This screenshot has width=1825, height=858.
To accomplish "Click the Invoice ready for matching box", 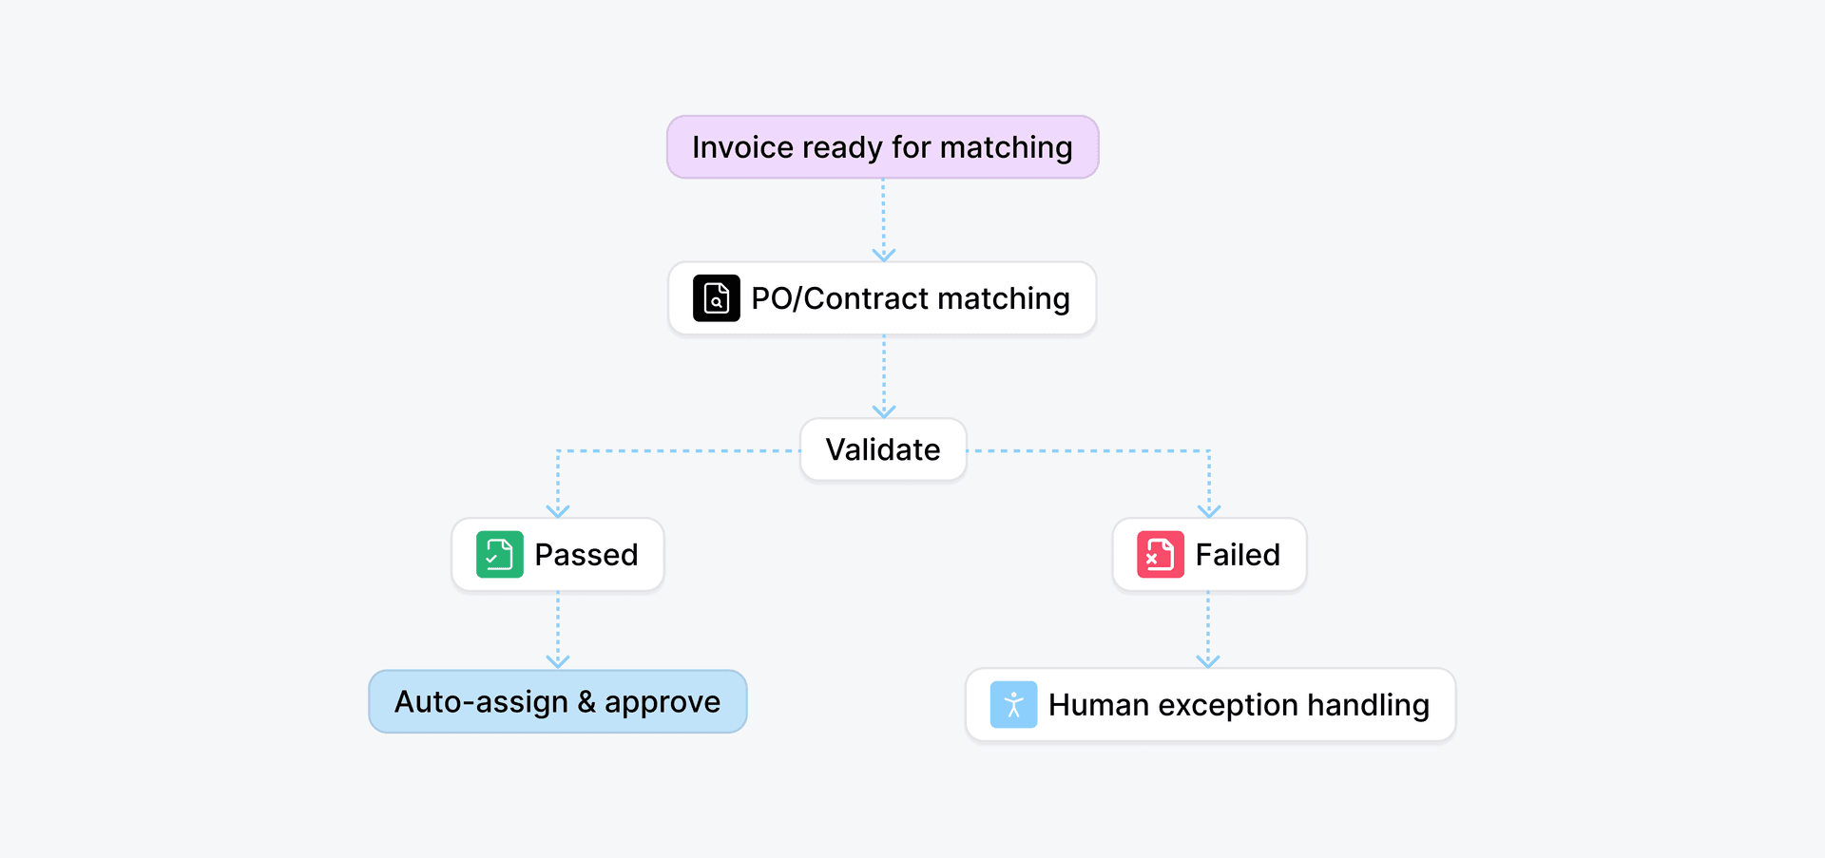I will coord(882,147).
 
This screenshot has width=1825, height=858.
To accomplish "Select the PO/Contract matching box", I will coord(882,298).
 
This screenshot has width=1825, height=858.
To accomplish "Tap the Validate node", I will coord(883,449).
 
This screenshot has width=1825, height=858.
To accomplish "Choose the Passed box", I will coord(558,555).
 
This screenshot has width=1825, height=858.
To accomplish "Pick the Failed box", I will coord(1209,555).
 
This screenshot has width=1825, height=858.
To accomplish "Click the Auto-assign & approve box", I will coord(558,702).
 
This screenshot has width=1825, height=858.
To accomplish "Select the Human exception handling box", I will coord(1210,705).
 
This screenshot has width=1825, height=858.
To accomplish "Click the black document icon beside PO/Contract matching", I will coord(717,298).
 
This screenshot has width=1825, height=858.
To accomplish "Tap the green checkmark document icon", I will coord(500,555).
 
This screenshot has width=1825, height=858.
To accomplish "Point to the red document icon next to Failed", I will coord(1161,555).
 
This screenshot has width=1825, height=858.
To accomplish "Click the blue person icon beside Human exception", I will coord(1013,705).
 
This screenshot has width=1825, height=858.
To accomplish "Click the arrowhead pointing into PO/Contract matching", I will coord(884,255).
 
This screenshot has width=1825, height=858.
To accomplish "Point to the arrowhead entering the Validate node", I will coord(884,411).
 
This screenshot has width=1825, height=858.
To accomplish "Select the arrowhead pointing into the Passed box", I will coord(558,511).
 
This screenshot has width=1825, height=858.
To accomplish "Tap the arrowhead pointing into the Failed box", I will coord(1209,511).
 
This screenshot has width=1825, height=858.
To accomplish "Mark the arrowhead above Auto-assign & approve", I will coord(558,661).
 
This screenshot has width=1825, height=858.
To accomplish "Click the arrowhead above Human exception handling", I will coord(1208,661).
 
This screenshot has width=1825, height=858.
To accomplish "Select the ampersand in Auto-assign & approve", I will coord(586,702).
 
